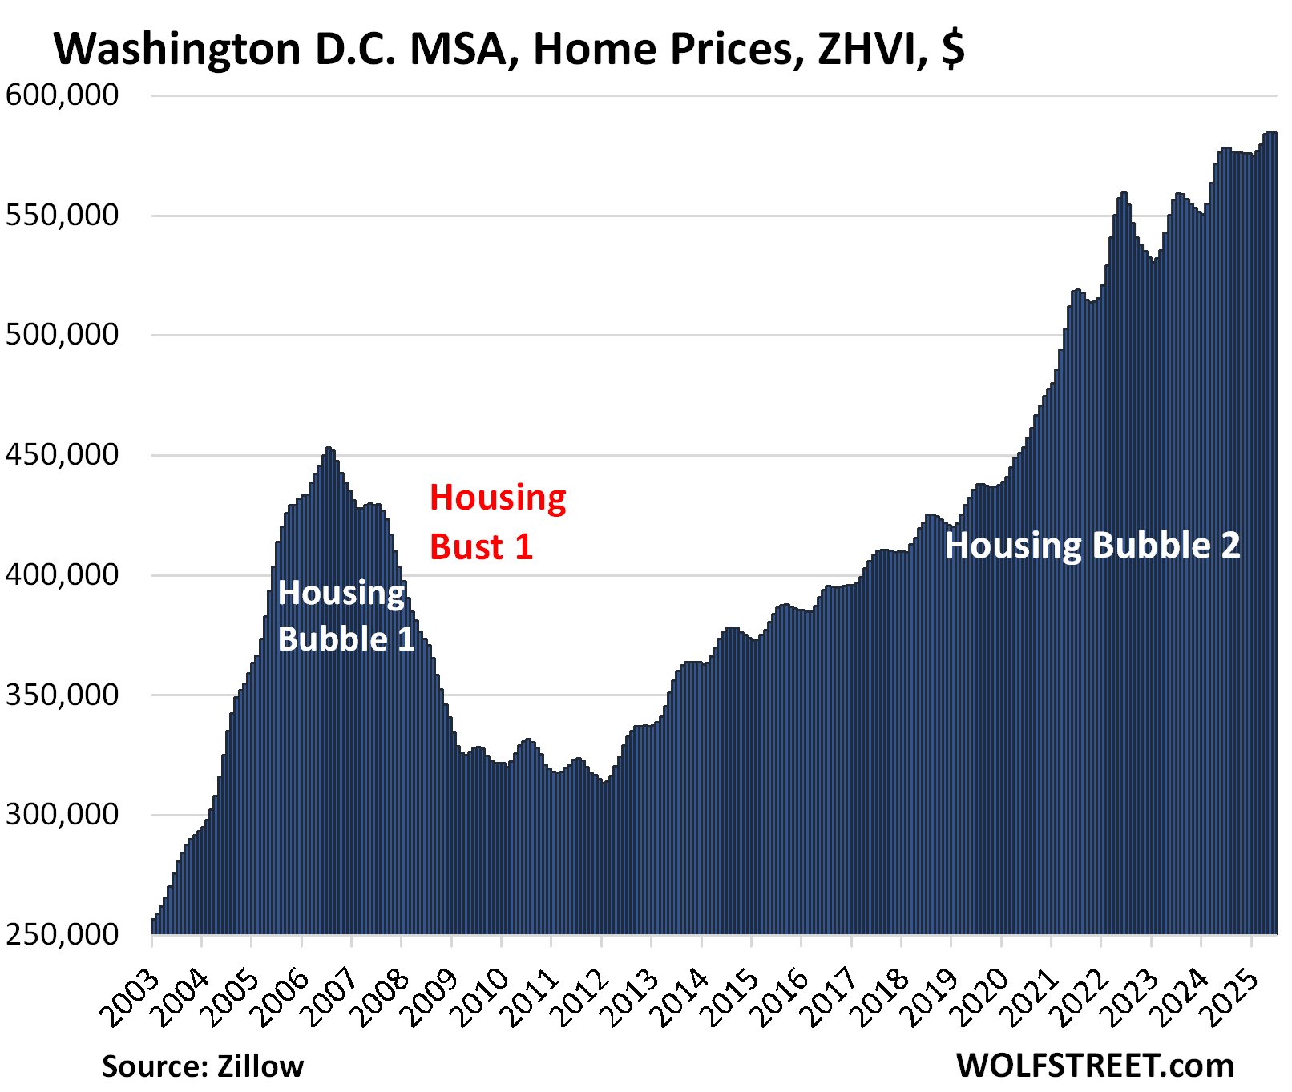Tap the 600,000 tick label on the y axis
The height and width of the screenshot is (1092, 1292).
(63, 95)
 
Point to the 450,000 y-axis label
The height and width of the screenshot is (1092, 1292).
(63, 455)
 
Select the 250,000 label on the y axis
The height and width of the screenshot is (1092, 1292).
(63, 934)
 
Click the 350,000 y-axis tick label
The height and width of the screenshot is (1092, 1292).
(63, 695)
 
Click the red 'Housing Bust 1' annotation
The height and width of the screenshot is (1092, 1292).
(497, 522)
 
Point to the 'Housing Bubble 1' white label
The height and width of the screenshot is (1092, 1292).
(345, 616)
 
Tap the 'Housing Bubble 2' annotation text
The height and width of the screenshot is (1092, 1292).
(1092, 546)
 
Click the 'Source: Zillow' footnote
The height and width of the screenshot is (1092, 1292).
(203, 1066)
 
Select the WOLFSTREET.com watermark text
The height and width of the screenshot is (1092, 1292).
(1095, 1066)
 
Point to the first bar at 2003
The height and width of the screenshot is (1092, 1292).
(154, 926)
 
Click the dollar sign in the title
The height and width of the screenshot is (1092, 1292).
(953, 50)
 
